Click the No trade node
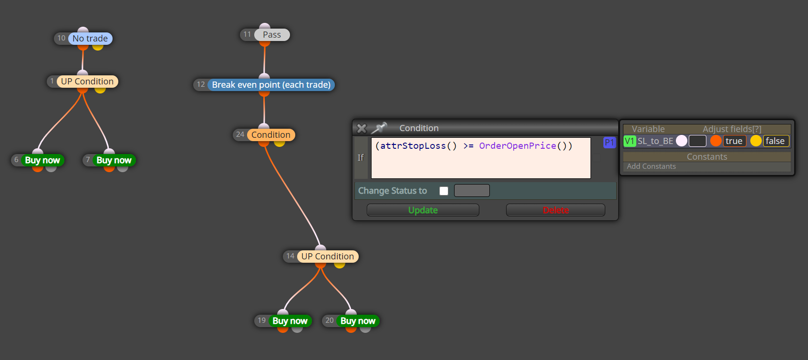90,39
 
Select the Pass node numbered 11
271,35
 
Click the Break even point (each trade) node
271,85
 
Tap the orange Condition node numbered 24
271,135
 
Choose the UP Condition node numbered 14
328,257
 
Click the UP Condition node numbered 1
87,82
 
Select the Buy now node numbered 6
42,160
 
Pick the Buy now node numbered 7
114,160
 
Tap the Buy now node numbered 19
290,321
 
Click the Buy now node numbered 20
358,321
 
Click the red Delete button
556,210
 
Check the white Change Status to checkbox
444,191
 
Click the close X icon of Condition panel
362,128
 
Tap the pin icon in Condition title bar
379,128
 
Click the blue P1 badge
609,143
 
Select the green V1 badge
630,141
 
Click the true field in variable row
735,141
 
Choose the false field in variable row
776,141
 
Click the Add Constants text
651,166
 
